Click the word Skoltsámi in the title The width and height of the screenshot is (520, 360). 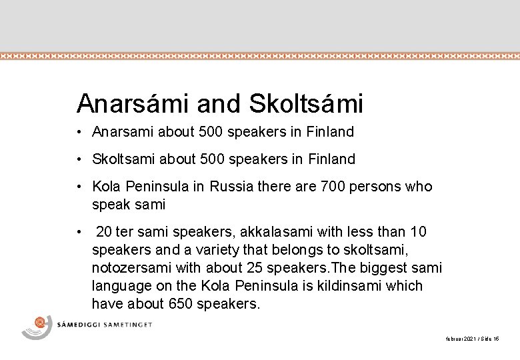point(306,103)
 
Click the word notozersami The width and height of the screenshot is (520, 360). point(130,269)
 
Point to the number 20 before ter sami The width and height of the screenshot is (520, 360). point(104,232)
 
